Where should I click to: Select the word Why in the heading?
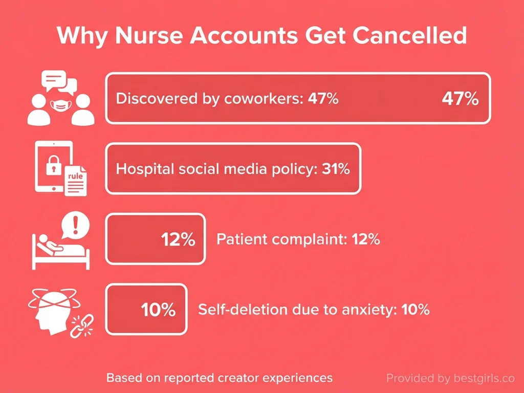81,36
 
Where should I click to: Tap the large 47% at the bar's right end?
460,98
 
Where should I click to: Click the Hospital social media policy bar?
233,169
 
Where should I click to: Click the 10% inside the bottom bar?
158,310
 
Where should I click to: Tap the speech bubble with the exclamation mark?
75,226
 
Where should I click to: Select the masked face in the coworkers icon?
61,105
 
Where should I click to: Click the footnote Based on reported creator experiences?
219,378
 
